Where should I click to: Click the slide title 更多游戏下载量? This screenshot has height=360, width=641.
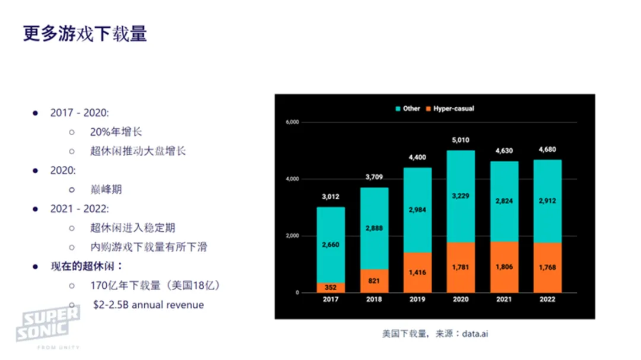tap(85, 33)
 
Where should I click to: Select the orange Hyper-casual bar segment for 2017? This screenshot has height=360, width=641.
tap(330, 288)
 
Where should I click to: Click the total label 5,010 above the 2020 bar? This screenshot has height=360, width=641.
tap(460, 141)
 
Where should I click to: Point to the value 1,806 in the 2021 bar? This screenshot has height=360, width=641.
tap(503, 267)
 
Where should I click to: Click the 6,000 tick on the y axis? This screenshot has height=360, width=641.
tap(291, 122)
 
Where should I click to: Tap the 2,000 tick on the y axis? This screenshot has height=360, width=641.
tap(291, 236)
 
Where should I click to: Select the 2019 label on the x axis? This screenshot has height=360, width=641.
tap(417, 300)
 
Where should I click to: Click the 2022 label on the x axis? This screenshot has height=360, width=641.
tap(547, 300)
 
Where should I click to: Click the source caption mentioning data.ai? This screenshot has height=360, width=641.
tap(435, 334)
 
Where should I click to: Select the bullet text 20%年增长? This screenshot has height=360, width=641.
tap(116, 132)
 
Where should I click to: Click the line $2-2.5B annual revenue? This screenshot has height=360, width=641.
tap(148, 305)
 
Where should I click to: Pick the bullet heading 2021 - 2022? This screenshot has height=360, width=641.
tap(80, 209)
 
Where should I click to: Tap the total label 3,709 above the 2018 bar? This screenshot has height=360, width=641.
tap(374, 177)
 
